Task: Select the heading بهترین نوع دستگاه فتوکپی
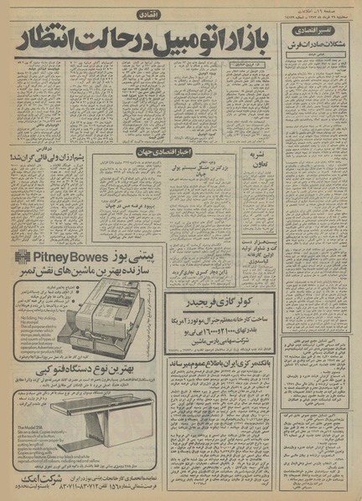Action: [91, 367]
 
